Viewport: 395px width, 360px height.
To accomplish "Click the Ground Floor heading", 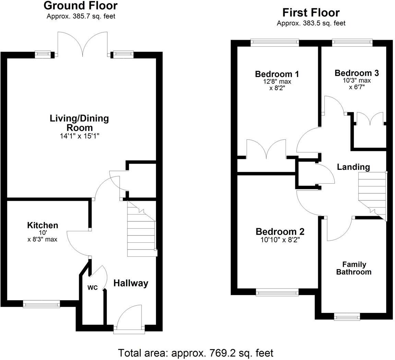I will (x=81, y=6).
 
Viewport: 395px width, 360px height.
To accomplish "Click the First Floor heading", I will (x=311, y=13).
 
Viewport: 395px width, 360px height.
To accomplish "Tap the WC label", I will (x=92, y=288).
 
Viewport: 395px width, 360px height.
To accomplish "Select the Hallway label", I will (x=131, y=283).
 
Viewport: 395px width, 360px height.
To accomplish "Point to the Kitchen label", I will (x=43, y=225).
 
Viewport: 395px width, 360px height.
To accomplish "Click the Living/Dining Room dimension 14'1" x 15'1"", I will (x=80, y=136).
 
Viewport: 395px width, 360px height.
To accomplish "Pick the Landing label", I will (x=353, y=167).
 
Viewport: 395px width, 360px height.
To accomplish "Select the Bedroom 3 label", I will (x=357, y=73).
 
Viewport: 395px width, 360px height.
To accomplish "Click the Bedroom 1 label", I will (x=277, y=74).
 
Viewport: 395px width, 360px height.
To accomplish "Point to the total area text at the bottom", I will (x=196, y=353).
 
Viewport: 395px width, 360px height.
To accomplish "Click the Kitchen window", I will (x=41, y=304).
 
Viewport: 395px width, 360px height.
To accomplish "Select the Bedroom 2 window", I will (x=277, y=292).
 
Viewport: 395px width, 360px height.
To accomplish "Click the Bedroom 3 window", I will (x=352, y=43).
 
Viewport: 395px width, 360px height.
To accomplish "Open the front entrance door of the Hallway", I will (x=129, y=319).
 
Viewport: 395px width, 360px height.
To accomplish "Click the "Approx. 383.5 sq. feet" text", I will (x=311, y=23).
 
